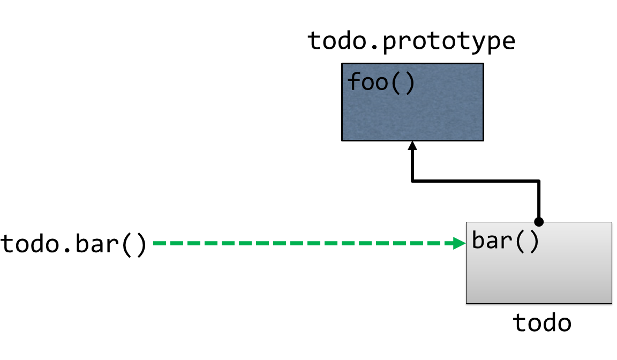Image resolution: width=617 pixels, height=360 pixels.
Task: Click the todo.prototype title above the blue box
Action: (411, 41)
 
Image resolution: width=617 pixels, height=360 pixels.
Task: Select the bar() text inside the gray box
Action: (505, 241)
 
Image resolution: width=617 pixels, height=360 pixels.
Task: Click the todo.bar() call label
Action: (74, 244)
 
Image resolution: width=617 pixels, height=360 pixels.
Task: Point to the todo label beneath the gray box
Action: (542, 323)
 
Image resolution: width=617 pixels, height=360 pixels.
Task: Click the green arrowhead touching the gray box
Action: (460, 243)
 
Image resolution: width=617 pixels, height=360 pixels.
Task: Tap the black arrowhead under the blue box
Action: (412, 146)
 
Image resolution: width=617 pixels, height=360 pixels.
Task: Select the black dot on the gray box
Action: (539, 221)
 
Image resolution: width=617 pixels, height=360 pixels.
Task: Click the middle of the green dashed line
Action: (305, 243)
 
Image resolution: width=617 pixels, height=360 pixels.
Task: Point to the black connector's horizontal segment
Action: (476, 182)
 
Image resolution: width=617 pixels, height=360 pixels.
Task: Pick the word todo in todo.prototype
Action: (333, 41)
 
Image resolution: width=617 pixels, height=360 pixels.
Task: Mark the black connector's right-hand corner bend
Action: (539, 182)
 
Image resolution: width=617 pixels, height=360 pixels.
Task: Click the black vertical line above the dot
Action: (539, 201)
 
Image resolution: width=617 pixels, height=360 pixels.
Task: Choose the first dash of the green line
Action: (159, 243)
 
